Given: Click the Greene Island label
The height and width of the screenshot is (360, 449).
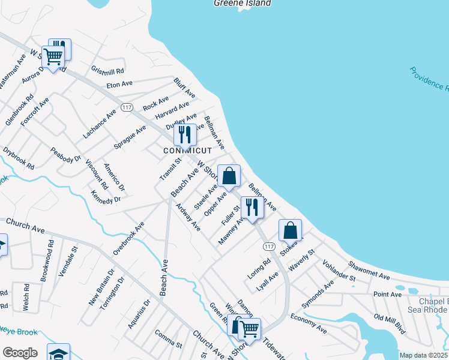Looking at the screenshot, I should point(243,3).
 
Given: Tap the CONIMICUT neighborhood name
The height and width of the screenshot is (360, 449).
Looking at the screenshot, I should point(188,151).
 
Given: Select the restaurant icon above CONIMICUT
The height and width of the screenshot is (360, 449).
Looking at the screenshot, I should point(185,134).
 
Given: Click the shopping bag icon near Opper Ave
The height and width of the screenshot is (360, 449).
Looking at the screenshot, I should point(229,176).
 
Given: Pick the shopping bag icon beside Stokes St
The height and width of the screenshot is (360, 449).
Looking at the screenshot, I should point(290,230).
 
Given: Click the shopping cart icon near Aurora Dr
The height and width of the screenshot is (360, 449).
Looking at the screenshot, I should point(53,57).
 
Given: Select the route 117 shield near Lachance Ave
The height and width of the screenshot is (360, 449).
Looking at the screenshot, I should point(126,107).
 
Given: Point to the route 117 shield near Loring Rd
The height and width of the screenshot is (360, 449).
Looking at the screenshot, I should point(269,247).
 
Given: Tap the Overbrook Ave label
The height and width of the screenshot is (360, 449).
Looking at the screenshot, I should point(129,240).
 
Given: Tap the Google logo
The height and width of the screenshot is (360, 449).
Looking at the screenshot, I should point(20,352).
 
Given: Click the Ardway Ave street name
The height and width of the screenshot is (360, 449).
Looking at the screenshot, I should point(188,217).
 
